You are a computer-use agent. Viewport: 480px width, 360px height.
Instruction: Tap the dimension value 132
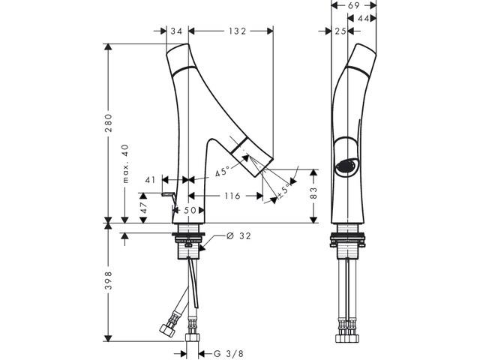237,31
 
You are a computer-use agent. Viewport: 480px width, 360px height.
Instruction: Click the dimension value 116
231,196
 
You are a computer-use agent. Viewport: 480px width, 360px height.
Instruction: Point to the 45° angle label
222,172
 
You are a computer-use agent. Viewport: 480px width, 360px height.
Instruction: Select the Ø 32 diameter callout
238,236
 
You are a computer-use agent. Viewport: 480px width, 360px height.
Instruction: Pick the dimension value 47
142,204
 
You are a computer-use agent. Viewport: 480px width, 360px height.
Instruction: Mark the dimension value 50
190,210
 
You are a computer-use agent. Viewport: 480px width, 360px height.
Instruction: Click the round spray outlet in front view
345,166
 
